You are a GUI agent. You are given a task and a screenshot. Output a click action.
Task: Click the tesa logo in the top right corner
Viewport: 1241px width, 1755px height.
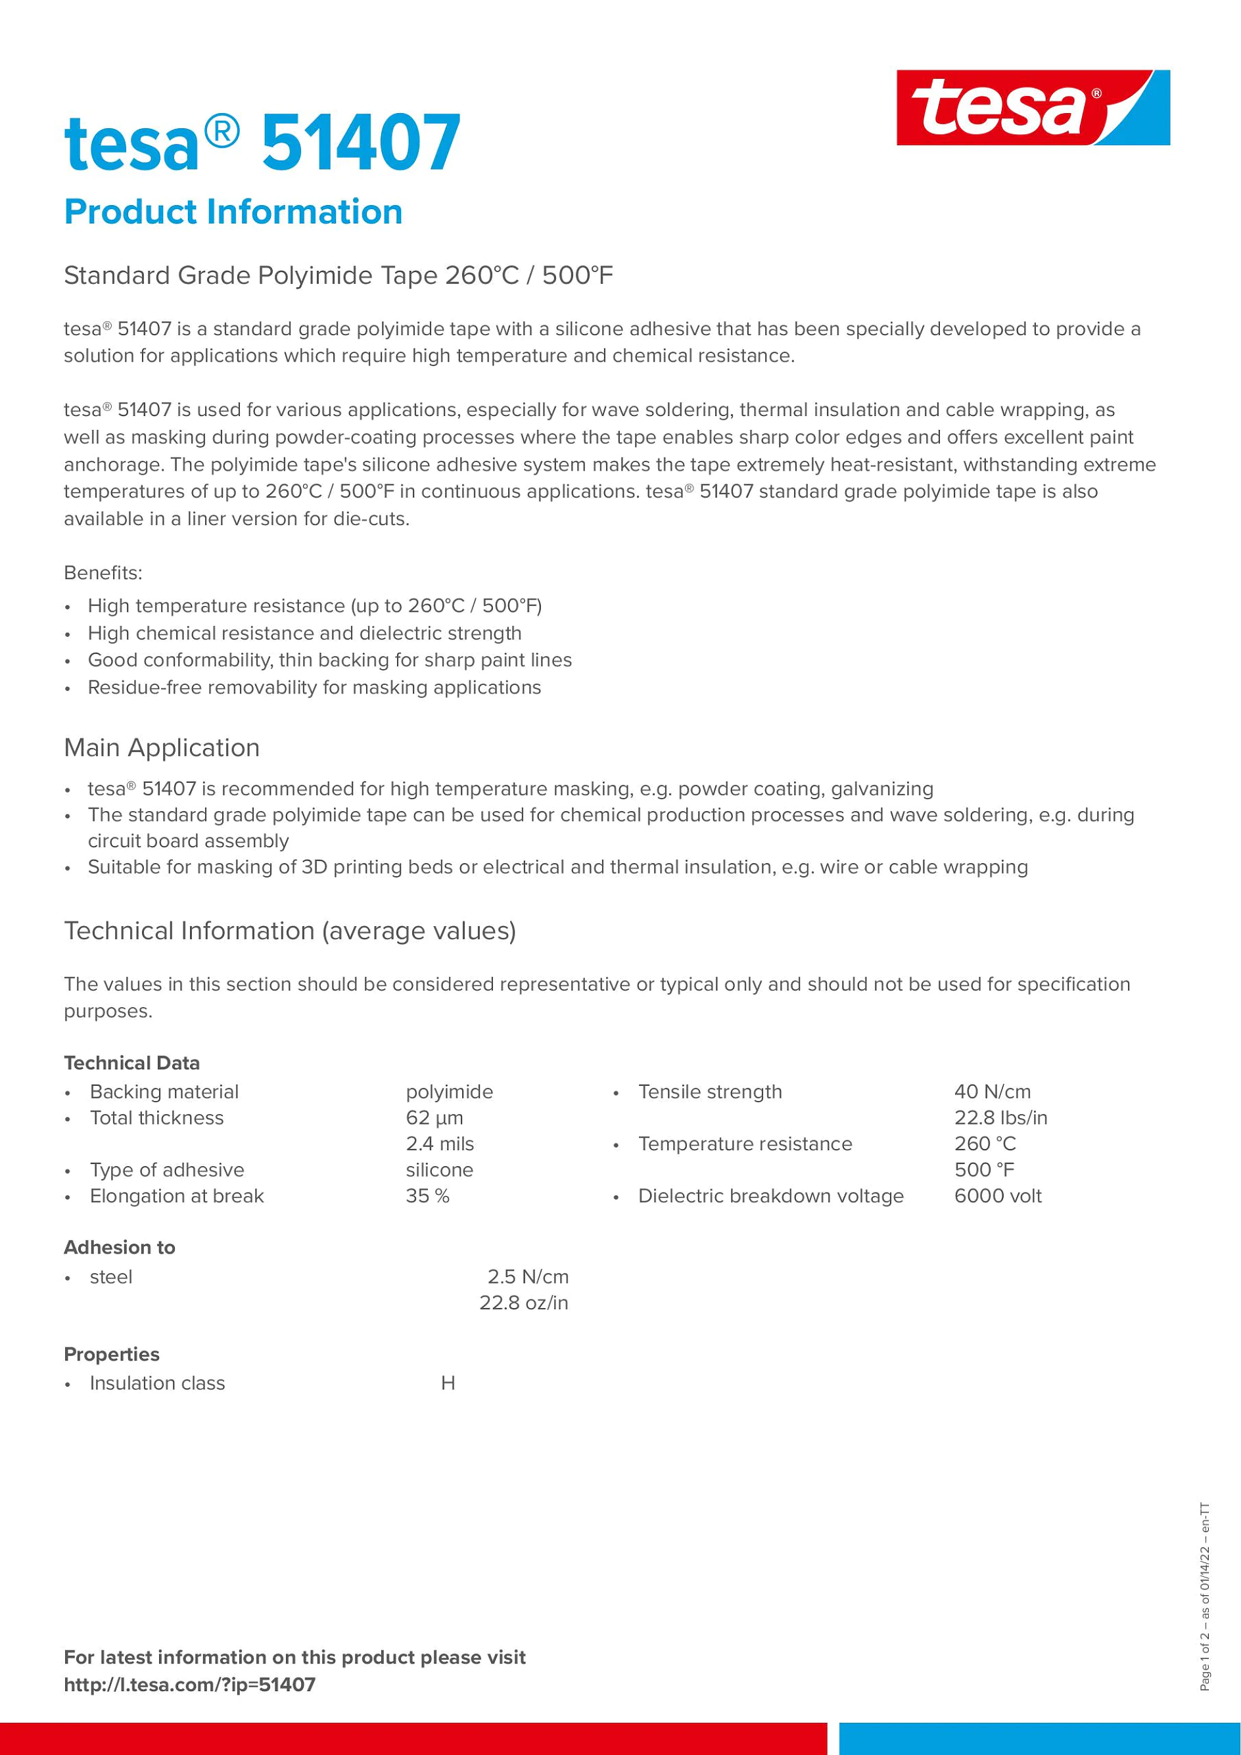1033,108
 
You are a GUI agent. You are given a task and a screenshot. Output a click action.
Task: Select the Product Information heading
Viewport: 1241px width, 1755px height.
233,212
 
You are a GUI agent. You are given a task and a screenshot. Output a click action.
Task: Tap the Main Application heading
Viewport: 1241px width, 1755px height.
162,747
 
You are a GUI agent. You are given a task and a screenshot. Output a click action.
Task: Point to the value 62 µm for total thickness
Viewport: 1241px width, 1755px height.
434,1117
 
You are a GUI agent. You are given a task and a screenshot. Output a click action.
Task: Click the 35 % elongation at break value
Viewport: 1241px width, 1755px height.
427,1196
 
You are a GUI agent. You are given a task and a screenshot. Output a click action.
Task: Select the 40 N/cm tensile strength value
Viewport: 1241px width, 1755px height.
992,1092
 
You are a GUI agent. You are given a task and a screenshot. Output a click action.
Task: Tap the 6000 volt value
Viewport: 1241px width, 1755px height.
997,1196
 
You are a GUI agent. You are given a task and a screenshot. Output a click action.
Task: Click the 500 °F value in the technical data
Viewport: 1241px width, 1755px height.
984,1169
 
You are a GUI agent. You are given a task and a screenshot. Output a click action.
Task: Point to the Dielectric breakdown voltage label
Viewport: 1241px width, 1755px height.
770,1196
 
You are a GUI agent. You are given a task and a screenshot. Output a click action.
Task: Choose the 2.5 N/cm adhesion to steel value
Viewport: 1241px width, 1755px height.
528,1276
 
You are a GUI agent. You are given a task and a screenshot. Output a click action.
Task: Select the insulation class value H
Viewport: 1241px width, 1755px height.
448,1383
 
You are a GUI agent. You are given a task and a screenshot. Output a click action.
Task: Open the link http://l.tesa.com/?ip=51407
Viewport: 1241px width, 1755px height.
189,1685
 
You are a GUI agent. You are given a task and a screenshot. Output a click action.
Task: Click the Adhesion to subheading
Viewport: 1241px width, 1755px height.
119,1248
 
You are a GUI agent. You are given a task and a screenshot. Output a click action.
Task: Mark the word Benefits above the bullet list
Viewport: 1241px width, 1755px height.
103,573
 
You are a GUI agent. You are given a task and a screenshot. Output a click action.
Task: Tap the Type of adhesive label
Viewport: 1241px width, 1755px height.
166,1169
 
